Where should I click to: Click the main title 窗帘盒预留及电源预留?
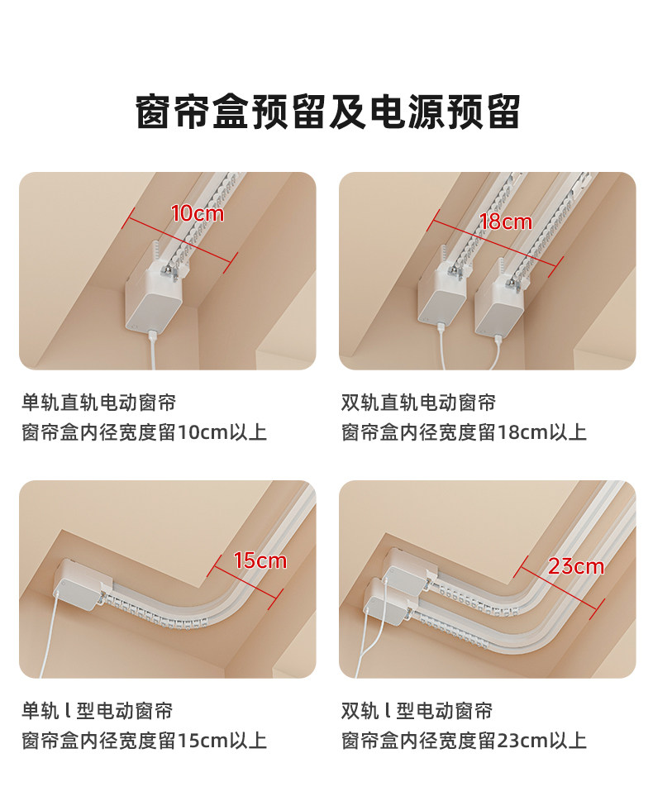coord(327,112)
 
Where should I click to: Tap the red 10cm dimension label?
coord(198,213)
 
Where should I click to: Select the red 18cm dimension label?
coord(505,222)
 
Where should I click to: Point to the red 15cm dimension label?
coord(260,561)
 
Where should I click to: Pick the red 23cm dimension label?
coord(576,566)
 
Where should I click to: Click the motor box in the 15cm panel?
coord(82,584)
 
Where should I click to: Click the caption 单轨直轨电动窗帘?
coord(98,403)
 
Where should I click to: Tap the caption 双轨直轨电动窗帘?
coord(418,403)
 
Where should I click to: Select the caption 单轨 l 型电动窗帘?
coord(97,711)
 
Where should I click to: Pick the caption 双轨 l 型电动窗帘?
coord(417,711)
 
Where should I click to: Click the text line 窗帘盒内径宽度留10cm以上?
coord(144,432)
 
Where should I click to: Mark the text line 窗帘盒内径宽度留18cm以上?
coord(464,432)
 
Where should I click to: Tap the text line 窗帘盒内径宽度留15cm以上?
coord(144,741)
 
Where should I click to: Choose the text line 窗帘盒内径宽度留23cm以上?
coord(464,741)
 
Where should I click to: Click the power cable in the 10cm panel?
coord(152,350)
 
